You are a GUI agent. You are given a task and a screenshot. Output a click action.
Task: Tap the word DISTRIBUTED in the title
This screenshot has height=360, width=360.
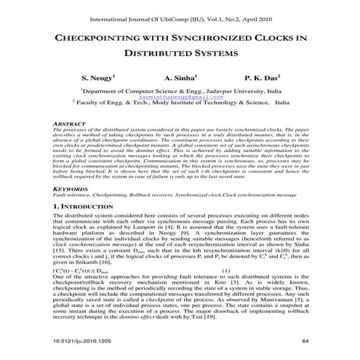155,53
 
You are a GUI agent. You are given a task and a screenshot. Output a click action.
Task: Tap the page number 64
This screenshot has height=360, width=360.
305,340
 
